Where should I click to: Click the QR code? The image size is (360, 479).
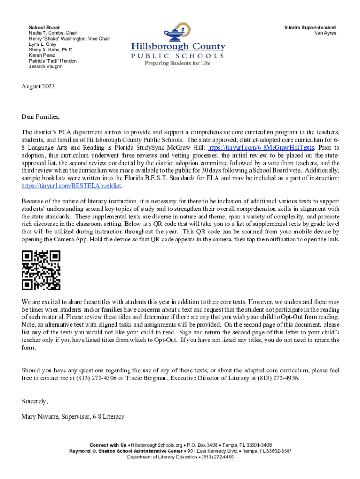click(x=41, y=270)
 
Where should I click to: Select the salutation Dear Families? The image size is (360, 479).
click(x=41, y=116)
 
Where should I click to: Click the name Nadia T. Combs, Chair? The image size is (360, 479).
click(x=53, y=33)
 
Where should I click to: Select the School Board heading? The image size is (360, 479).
click(x=44, y=28)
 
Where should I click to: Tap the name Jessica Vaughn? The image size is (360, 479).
click(x=45, y=66)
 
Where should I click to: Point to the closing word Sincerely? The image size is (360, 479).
click(x=35, y=401)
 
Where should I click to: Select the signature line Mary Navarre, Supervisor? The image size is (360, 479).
click(x=73, y=416)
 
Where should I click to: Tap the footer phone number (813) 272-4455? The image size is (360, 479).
click(x=216, y=457)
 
